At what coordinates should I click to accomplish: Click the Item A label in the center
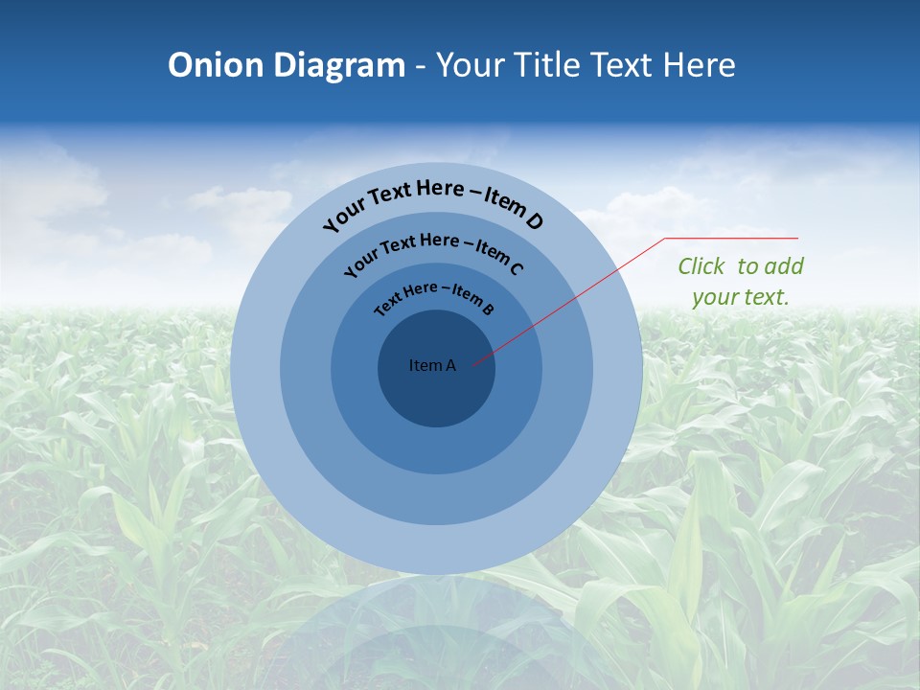[x=432, y=365]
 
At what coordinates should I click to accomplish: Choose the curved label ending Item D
[x=433, y=201]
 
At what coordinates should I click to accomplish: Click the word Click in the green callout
[x=701, y=266]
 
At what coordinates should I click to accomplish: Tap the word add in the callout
[x=785, y=266]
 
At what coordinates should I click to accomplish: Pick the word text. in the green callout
[x=767, y=297]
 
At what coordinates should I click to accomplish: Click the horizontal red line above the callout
[x=732, y=238]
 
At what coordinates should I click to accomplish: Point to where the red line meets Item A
[x=473, y=363]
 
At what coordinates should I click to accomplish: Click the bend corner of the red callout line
[x=666, y=238]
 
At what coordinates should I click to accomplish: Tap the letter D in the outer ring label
[x=534, y=222]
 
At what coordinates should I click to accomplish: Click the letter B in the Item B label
[x=488, y=309]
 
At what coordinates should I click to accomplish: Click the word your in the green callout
[x=715, y=297]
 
